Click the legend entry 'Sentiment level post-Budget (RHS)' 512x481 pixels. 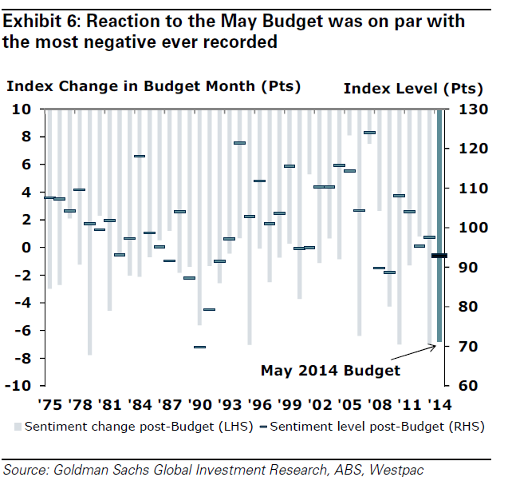[374, 427]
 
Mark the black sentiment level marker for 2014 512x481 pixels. [439, 256]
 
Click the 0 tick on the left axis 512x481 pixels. [27, 248]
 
